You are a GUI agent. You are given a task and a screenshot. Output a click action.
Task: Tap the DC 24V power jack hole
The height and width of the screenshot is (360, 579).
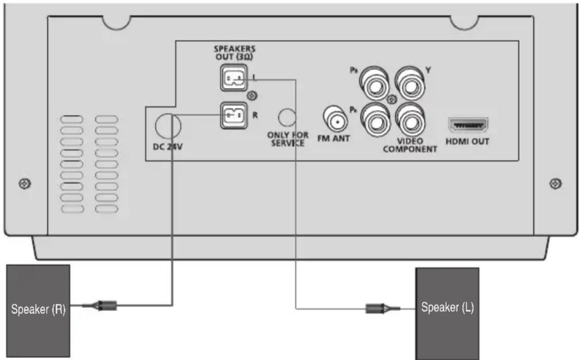(168, 125)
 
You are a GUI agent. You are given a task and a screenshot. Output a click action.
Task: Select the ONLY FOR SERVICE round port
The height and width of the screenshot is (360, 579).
(287, 117)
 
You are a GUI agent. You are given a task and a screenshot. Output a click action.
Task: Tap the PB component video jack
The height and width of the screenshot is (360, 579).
(374, 83)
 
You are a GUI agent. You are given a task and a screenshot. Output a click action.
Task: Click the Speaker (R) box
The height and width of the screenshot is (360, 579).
(38, 310)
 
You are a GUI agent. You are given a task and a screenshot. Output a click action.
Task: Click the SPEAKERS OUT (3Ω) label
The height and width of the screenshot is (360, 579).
(234, 52)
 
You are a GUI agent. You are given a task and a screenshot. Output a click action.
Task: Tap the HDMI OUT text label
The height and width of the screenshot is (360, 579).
(467, 141)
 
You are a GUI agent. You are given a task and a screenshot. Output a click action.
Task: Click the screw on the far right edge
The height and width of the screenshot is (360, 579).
(555, 183)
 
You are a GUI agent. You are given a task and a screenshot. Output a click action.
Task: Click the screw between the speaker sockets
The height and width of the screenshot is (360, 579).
(253, 96)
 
